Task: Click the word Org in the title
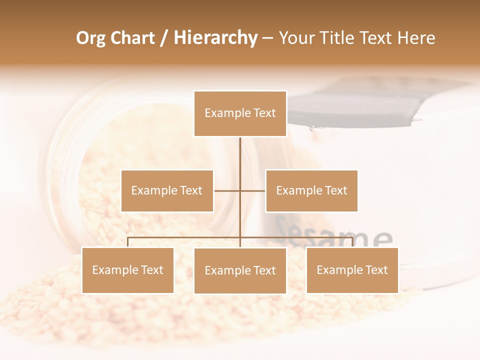91,38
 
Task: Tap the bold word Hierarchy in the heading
215,38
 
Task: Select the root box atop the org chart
240,113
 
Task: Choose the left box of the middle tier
167,190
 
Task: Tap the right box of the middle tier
311,190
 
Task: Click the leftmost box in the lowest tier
127,270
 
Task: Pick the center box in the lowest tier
240,270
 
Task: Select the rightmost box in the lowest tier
352,270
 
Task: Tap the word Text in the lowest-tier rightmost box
376,270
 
